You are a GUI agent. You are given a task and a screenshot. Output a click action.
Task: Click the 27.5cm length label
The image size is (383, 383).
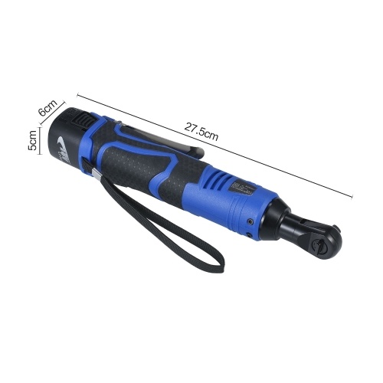point(201,132)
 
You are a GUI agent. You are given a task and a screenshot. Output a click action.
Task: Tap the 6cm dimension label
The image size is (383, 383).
point(47,108)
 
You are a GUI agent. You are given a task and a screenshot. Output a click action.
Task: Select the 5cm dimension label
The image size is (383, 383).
point(32,140)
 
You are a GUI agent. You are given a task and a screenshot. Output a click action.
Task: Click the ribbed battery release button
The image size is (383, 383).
point(82,119)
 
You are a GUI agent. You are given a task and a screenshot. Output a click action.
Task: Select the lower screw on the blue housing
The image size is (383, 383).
point(250,234)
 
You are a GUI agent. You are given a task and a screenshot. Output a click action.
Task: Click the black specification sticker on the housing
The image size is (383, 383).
point(242,188)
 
